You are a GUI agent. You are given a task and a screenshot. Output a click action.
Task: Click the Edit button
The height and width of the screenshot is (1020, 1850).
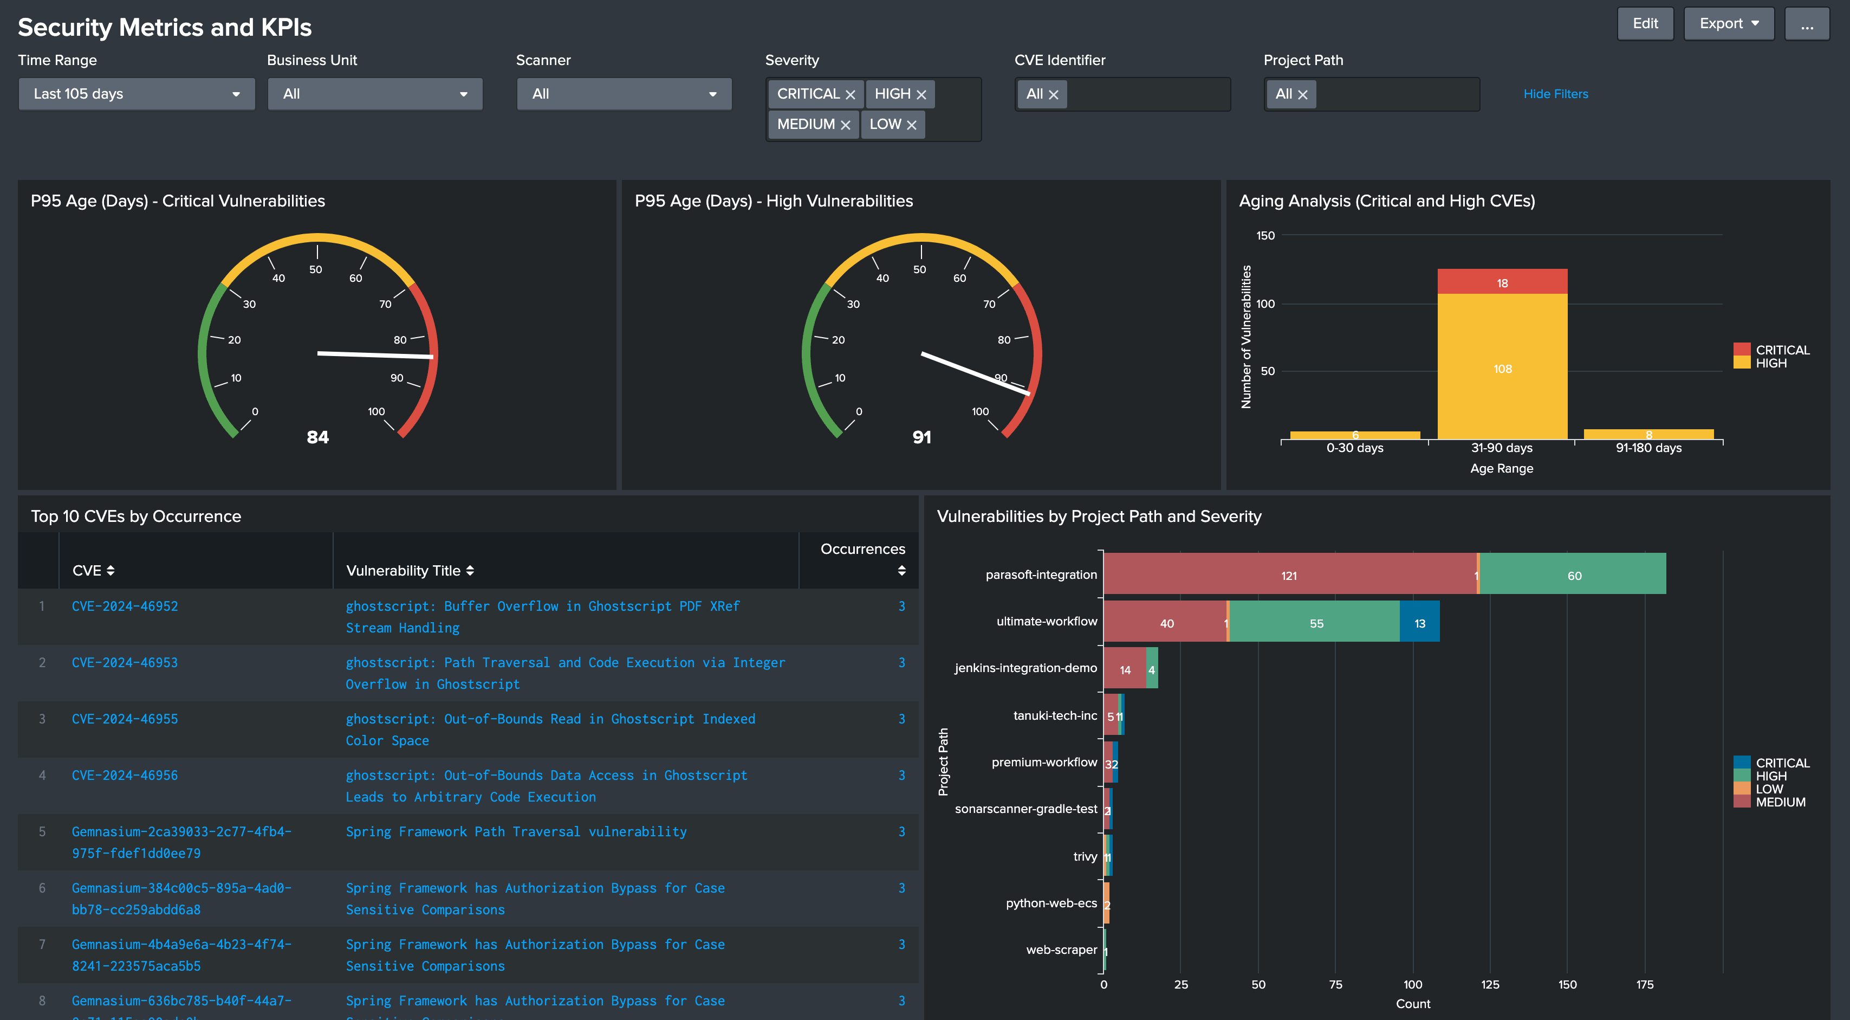click(1645, 24)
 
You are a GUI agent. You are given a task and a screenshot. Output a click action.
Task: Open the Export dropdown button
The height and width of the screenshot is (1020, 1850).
click(1728, 24)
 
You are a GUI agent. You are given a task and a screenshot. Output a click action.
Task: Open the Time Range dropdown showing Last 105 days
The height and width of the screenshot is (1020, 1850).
click(137, 94)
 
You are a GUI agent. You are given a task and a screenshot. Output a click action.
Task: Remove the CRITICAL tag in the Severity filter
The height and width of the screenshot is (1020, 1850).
click(851, 95)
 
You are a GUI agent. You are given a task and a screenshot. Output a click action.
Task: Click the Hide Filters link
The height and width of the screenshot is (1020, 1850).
click(1555, 94)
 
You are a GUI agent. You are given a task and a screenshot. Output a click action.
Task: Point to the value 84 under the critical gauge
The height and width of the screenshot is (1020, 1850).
click(317, 437)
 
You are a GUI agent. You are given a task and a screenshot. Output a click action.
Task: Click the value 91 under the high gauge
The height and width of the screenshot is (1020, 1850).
click(921, 437)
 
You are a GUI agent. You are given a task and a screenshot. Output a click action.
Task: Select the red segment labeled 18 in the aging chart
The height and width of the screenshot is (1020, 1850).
click(1502, 282)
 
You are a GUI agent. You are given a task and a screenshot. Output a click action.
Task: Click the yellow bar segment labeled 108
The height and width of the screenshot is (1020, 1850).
click(1502, 368)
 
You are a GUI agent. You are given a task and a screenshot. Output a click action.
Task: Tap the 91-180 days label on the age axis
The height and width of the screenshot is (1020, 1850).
click(1648, 448)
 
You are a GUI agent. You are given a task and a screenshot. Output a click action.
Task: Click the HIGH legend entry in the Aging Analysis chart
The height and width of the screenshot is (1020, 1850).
click(1770, 364)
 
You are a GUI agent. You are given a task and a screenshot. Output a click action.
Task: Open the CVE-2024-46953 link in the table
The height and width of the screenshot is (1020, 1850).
click(125, 662)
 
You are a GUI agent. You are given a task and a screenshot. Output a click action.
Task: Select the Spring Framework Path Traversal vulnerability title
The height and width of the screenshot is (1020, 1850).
click(516, 832)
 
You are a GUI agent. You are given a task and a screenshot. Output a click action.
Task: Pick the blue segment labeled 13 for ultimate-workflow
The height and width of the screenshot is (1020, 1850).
click(1419, 623)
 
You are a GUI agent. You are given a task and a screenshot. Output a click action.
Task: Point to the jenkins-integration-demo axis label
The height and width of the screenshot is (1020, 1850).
click(1025, 668)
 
